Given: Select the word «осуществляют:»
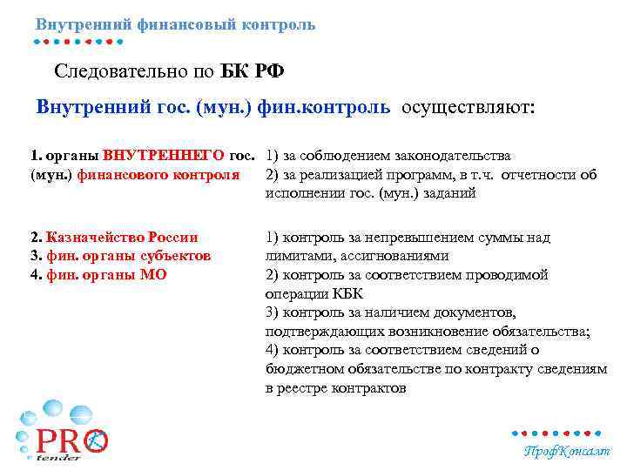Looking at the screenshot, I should pos(470,108).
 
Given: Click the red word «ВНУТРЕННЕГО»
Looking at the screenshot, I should pos(165,156).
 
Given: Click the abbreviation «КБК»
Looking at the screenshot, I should pos(346,293).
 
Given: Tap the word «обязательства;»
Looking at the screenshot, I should pos(541,331).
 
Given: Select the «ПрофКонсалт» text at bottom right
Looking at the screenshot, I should pos(566,451).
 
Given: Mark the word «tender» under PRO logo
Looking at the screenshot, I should pos(58,458).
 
